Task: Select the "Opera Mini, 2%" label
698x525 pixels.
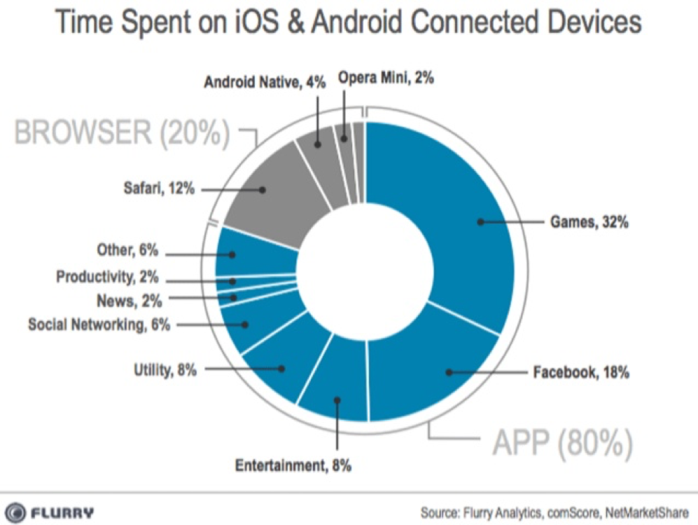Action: click(x=386, y=78)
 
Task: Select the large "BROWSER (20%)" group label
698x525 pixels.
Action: click(x=123, y=132)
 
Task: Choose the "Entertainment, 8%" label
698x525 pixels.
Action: click(x=293, y=465)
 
